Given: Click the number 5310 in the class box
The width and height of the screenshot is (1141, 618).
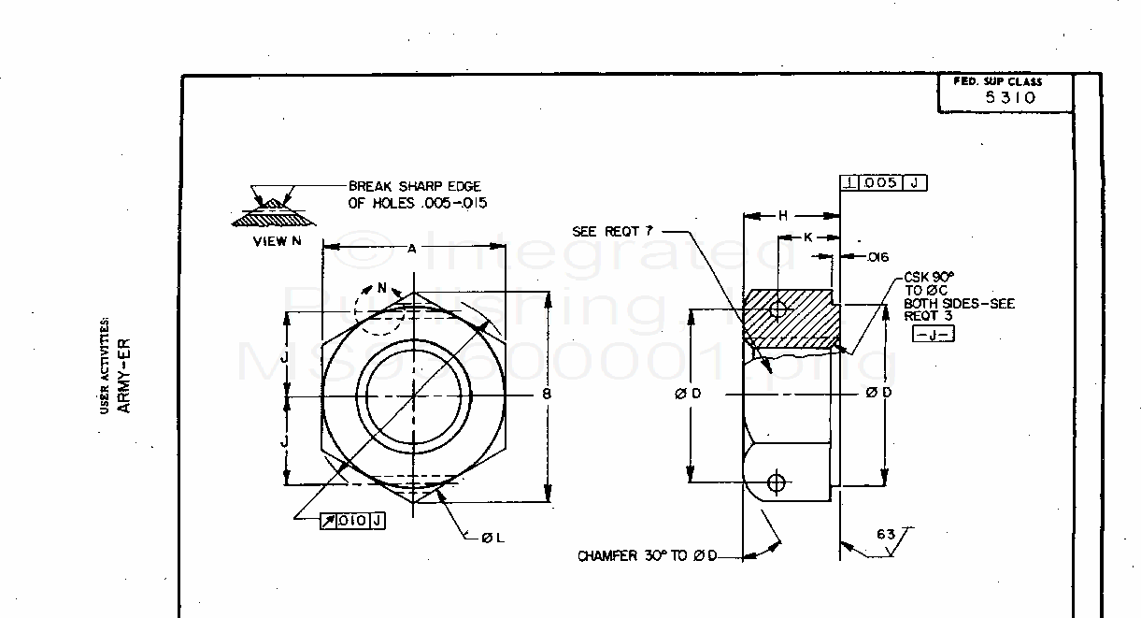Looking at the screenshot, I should pyautogui.click(x=1010, y=97).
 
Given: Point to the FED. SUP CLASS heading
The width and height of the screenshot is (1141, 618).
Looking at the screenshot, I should pyautogui.click(x=997, y=81).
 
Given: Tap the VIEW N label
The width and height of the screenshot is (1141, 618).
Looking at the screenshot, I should pyautogui.click(x=277, y=241).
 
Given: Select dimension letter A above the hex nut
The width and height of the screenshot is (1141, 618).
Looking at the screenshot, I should pyautogui.click(x=412, y=248).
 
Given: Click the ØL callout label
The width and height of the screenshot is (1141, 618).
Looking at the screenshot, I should pyautogui.click(x=492, y=539).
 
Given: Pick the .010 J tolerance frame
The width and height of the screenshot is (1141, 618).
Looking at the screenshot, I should pyautogui.click(x=352, y=521).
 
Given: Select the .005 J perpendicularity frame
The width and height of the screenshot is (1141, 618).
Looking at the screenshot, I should pyautogui.click(x=883, y=183).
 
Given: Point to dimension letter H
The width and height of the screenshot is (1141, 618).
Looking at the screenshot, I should pyautogui.click(x=783, y=216).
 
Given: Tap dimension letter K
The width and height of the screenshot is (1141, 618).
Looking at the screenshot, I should pyautogui.click(x=806, y=237).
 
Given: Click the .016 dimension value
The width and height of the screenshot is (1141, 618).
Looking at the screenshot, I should pyautogui.click(x=877, y=257).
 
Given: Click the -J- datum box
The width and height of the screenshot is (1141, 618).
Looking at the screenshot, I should pyautogui.click(x=933, y=334).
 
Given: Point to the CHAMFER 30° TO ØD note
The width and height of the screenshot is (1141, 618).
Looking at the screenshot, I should pyautogui.click(x=647, y=556).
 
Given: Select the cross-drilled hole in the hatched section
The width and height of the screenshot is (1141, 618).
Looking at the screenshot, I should pyautogui.click(x=775, y=309).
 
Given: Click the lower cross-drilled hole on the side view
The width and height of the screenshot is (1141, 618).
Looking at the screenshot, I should pyautogui.click(x=774, y=482).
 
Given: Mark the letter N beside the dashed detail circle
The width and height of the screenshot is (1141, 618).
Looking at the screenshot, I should pyautogui.click(x=381, y=288).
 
